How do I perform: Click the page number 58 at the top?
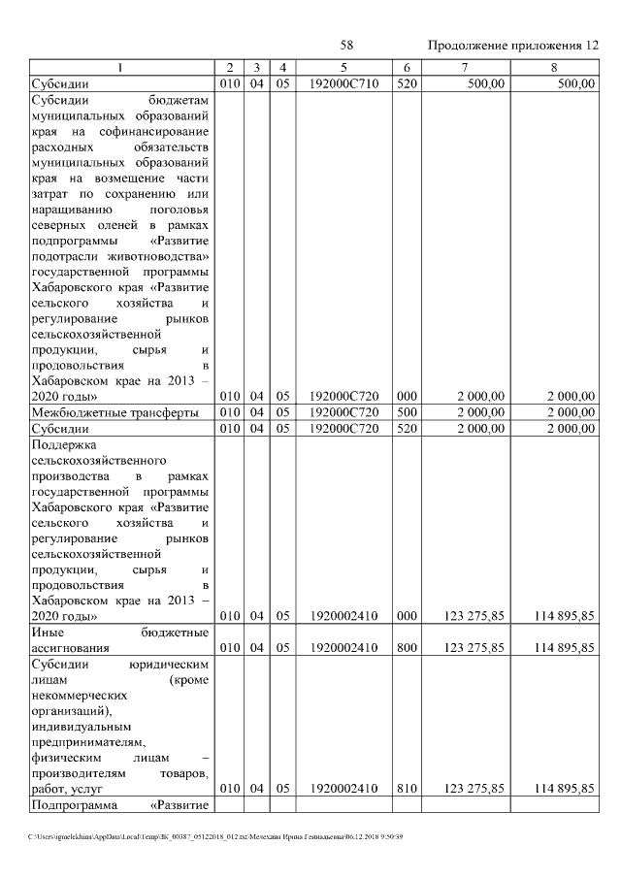click(346, 46)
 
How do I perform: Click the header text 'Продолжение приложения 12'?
click(513, 46)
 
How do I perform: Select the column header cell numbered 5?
click(343, 67)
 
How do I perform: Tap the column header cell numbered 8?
click(553, 67)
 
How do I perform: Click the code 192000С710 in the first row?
click(343, 84)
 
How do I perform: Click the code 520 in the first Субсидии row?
click(406, 84)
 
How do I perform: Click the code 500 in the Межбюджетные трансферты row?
click(406, 411)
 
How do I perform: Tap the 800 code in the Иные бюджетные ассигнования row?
click(406, 647)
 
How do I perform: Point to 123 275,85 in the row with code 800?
click(474, 647)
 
